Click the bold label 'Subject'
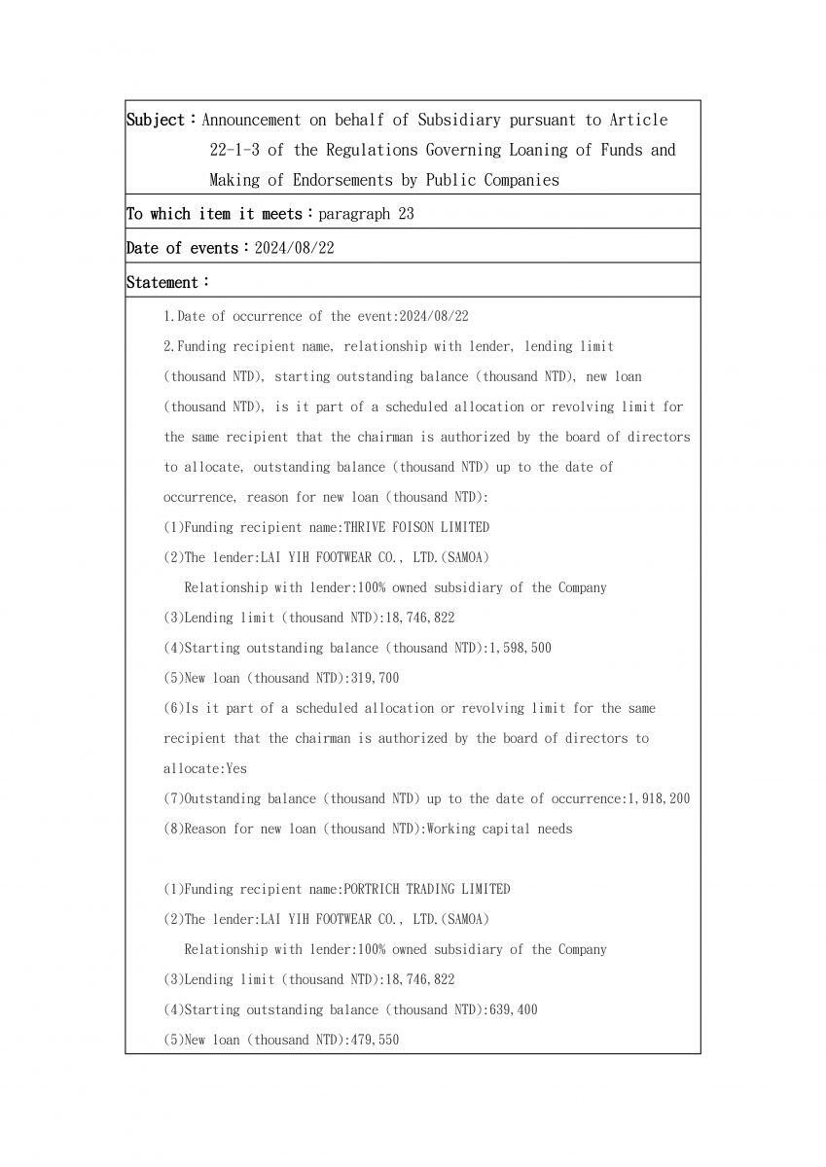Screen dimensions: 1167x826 tap(156, 120)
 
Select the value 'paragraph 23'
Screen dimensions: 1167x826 tap(366, 214)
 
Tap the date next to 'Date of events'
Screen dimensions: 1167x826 tap(294, 248)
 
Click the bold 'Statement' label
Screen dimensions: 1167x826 tap(162, 282)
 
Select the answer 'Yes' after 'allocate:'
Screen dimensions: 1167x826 tap(236, 768)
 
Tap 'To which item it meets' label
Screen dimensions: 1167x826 tap(214, 214)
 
